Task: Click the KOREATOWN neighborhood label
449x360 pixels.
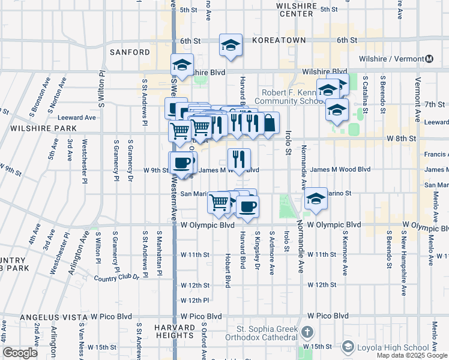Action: [x=279, y=40]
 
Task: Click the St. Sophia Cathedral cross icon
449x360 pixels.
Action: [x=307, y=332]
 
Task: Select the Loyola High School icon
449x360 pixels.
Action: [x=348, y=347]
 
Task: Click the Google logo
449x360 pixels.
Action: [x=20, y=353]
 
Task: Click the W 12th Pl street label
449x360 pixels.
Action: [x=195, y=300]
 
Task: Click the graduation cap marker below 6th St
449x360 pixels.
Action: [x=230, y=46]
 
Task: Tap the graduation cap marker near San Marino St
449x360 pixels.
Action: [x=315, y=199]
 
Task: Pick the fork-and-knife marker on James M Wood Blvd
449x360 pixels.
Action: [x=239, y=159]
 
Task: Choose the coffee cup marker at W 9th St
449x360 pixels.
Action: [x=182, y=162]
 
